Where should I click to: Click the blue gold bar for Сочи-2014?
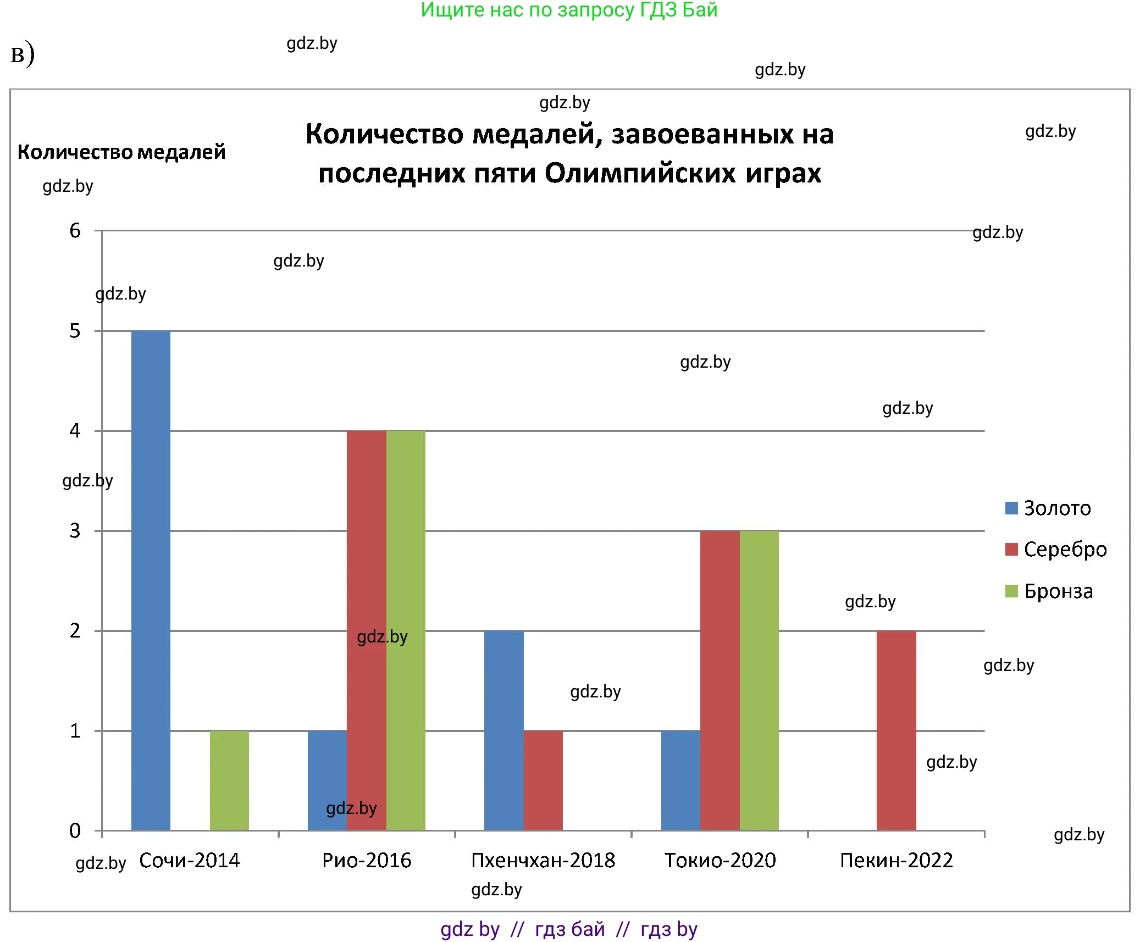151,580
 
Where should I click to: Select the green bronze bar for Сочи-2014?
229,780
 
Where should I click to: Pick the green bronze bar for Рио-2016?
406,630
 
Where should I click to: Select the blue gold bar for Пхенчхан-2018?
503,730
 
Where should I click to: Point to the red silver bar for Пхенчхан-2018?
543,780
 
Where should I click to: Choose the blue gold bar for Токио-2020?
680,780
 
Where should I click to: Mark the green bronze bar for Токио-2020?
759,680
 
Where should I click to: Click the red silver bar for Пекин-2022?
896,730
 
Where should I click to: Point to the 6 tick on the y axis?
75,231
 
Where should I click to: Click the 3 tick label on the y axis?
75,531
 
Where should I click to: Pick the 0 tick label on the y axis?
75,831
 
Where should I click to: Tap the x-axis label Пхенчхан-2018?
543,861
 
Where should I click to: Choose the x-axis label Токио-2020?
720,861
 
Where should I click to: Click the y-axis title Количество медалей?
121,152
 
